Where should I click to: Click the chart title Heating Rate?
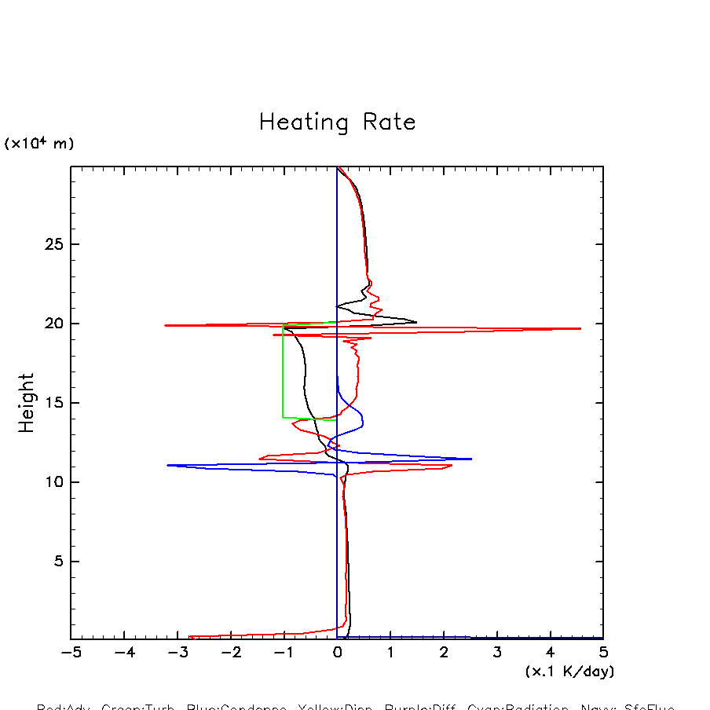click(x=337, y=123)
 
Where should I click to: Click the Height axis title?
click(x=27, y=403)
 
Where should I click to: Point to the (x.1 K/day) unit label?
click(x=569, y=672)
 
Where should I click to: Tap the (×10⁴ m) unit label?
click(x=39, y=144)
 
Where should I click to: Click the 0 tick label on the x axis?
click(x=337, y=653)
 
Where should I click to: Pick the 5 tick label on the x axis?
click(x=603, y=653)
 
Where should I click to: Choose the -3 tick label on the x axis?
click(x=177, y=653)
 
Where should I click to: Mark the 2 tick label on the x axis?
click(x=444, y=653)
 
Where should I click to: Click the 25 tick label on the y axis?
click(x=53, y=244)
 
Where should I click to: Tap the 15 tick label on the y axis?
click(x=53, y=403)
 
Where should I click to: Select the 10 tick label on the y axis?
click(x=53, y=482)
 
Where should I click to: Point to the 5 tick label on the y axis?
click(x=57, y=562)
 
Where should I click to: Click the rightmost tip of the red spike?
click(x=580, y=328)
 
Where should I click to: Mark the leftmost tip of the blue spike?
click(x=167, y=465)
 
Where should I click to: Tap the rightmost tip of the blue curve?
click(x=471, y=459)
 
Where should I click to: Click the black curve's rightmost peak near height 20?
click(x=416, y=321)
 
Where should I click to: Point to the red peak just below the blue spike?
click(x=452, y=466)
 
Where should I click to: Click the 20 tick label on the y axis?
click(x=53, y=324)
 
